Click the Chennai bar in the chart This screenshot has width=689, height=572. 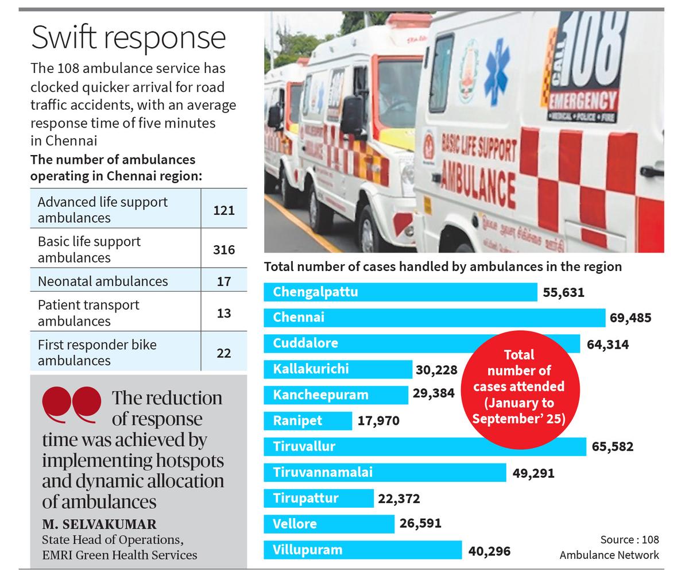click(434, 318)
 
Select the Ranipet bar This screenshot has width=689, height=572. click(308, 420)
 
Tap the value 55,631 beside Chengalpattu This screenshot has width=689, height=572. click(563, 292)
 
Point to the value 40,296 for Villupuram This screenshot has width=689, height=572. click(489, 551)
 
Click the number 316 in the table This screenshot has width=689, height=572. click(224, 249)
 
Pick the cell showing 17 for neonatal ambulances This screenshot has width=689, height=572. click(224, 281)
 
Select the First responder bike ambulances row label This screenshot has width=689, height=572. click(97, 352)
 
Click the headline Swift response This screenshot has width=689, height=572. click(128, 37)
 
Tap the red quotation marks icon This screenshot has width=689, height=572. click(72, 404)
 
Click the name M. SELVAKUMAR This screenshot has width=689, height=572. click(99, 524)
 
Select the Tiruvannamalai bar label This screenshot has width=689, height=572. click(323, 472)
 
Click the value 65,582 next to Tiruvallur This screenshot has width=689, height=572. click(612, 446)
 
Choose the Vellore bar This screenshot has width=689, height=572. click(329, 524)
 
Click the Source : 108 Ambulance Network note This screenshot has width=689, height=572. click(609, 547)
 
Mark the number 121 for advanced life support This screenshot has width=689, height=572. click(224, 210)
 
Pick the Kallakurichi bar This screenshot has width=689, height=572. click(338, 369)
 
